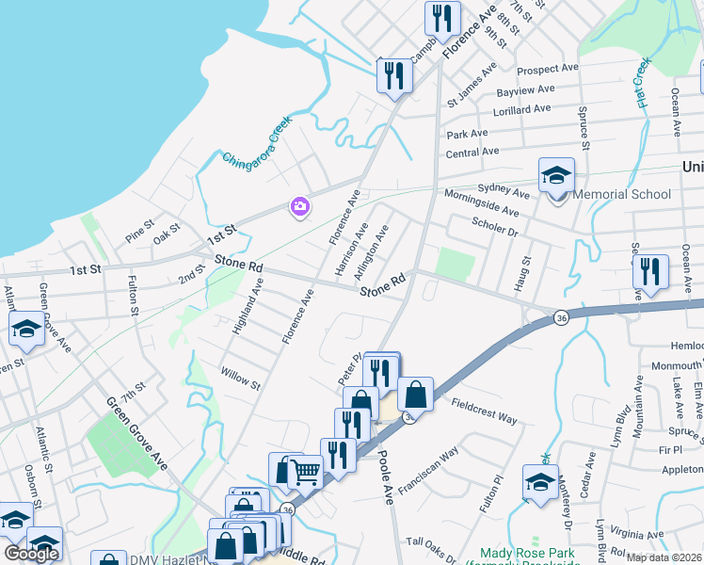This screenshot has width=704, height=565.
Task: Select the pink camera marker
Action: (300, 206)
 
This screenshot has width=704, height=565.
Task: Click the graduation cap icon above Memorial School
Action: (556, 174)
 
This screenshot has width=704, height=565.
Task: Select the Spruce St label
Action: (584, 134)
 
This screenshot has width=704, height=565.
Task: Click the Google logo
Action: (32, 554)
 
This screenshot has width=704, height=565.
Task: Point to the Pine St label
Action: (139, 226)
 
